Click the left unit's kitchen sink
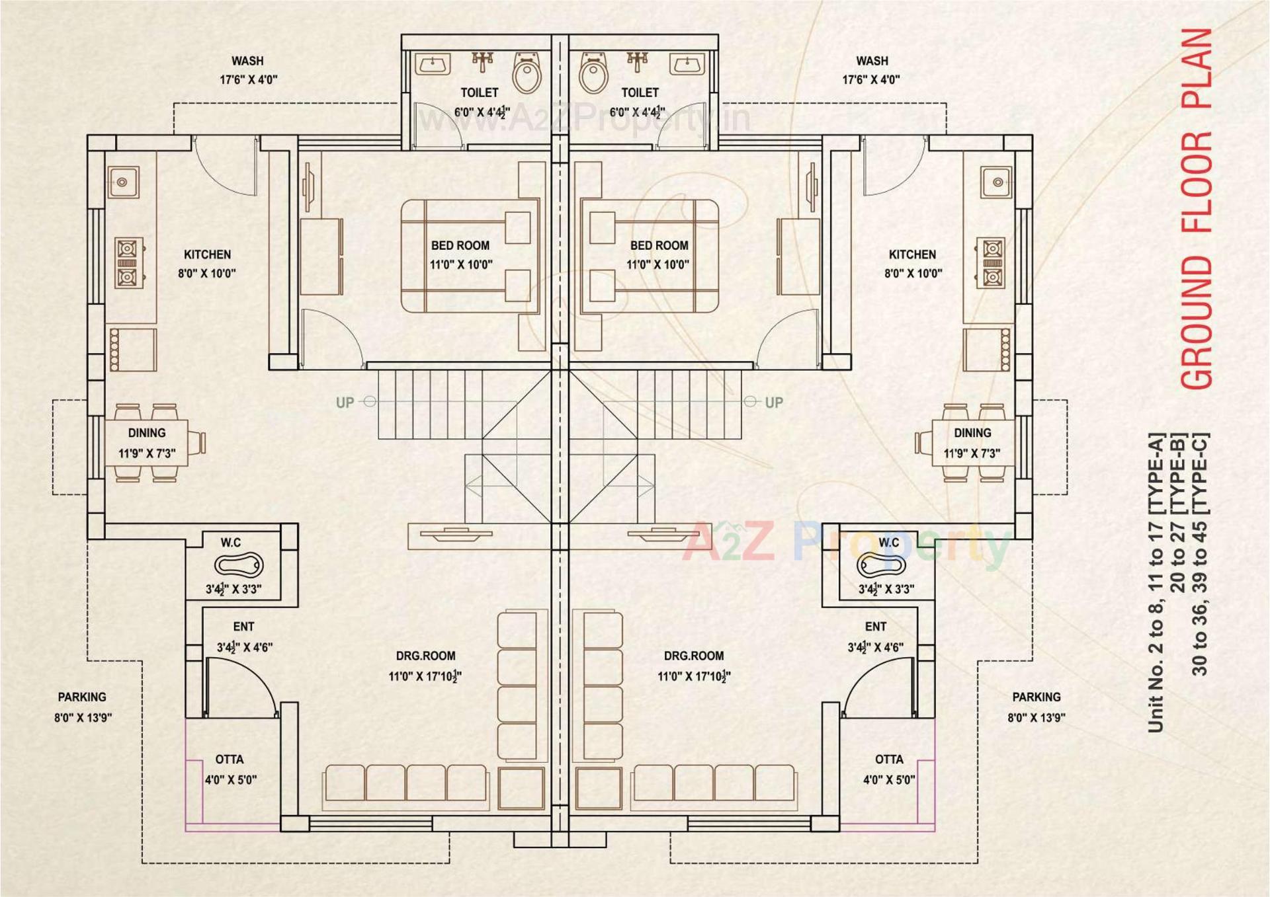tap(123, 182)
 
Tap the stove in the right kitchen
tap(992, 262)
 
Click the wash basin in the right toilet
tap(687, 64)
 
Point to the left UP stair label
tap(345, 403)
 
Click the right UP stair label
tap(774, 403)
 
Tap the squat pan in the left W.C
tap(239, 566)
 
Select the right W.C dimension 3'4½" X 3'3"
tap(886, 589)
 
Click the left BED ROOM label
tap(460, 245)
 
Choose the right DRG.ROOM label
tap(694, 656)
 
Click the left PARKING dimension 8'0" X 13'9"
tap(83, 717)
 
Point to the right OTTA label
tap(889, 760)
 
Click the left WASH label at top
tap(247, 61)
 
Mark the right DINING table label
tap(972, 433)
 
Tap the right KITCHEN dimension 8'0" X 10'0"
tap(913, 273)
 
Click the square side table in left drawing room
tap(523, 788)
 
